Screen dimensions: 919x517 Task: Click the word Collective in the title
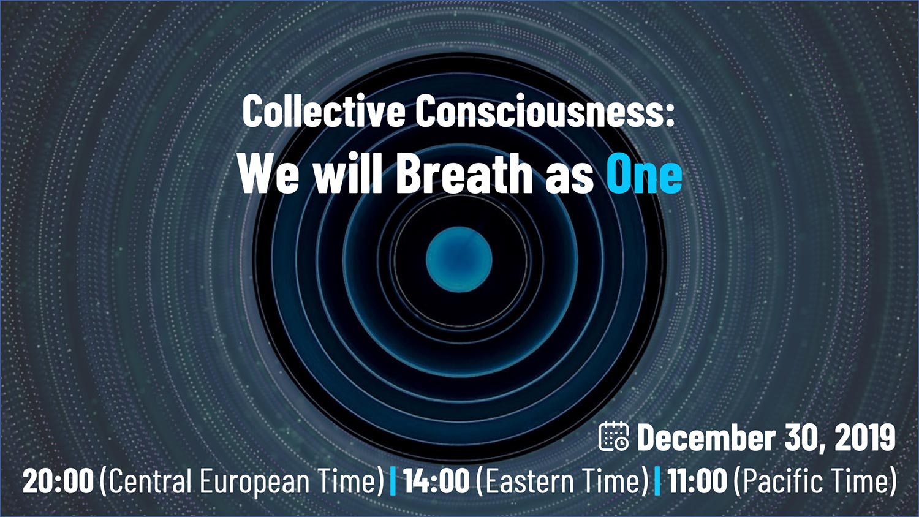(x=323, y=111)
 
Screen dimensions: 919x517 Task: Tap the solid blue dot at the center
(x=459, y=259)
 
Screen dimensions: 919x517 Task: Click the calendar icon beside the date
(x=614, y=436)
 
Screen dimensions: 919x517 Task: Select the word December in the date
(x=706, y=437)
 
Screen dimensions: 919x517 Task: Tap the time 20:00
(x=58, y=481)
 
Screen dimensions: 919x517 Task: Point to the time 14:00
(x=436, y=481)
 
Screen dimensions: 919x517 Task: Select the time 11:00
(x=697, y=481)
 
